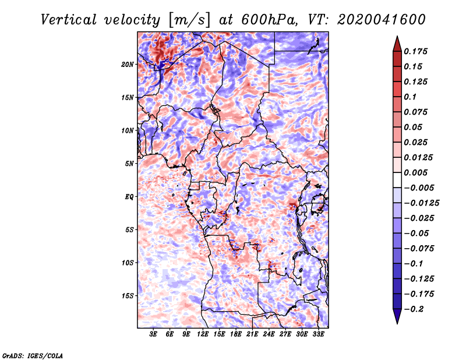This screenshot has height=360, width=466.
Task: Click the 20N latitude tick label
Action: tap(128, 65)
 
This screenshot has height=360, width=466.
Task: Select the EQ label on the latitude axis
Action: tap(129, 197)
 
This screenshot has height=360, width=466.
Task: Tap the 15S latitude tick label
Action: tap(128, 296)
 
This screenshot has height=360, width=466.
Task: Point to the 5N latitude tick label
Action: tap(129, 164)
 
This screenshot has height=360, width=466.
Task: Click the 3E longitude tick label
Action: tap(153, 334)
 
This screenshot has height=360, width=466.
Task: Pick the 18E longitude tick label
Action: tap(235, 334)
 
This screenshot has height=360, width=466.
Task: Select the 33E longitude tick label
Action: tap(318, 334)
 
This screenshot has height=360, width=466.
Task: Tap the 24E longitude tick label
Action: tap(269, 334)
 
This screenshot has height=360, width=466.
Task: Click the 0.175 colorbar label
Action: tap(415, 51)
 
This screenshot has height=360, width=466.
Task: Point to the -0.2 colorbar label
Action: tap(414, 309)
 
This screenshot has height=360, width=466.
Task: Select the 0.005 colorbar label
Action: tap(415, 172)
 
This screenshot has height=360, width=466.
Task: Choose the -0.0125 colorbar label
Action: tap(421, 203)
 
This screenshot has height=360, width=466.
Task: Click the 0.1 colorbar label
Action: tap(410, 97)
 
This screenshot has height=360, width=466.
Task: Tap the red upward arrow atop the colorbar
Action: tap(397, 44)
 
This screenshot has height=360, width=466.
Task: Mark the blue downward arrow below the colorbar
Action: tap(397, 316)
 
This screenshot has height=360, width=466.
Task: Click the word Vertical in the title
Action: tap(69, 20)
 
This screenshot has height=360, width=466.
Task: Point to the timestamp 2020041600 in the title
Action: tap(382, 20)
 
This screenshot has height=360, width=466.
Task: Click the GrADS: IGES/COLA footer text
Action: tap(33, 355)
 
